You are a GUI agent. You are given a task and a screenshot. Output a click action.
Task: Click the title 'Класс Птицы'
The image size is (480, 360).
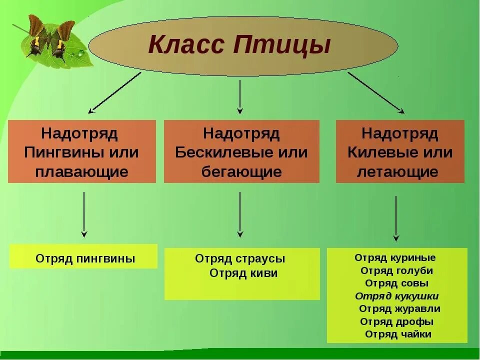(239, 44)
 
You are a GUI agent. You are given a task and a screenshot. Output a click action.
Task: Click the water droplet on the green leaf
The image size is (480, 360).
(79, 52)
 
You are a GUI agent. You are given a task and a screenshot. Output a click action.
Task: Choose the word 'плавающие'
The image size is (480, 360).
(82, 172)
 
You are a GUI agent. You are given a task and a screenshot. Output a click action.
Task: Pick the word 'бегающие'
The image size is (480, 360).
(241, 172)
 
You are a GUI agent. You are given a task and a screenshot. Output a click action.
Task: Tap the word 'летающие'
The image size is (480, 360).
(397, 172)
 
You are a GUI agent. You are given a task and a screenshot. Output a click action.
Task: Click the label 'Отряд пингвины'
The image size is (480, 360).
(85, 259)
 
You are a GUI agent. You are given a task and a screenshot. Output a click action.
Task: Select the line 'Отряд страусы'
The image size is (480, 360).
(240, 259)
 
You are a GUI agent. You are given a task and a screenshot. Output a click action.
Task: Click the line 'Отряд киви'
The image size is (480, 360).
(243, 273)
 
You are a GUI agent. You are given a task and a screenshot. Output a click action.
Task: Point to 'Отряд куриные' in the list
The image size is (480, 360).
(395, 258)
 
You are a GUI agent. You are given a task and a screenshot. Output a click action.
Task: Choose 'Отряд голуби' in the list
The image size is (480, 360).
(396, 271)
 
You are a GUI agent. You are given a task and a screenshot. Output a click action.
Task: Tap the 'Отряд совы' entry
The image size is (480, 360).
(396, 283)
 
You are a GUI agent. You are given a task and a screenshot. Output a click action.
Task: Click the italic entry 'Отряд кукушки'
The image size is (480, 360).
(397, 296)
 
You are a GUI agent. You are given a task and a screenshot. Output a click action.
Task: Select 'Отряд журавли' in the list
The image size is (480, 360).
(399, 309)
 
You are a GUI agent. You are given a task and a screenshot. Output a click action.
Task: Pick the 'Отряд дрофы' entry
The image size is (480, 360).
(396, 321)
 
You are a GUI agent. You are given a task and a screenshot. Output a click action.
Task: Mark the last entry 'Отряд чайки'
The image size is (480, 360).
(398, 334)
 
